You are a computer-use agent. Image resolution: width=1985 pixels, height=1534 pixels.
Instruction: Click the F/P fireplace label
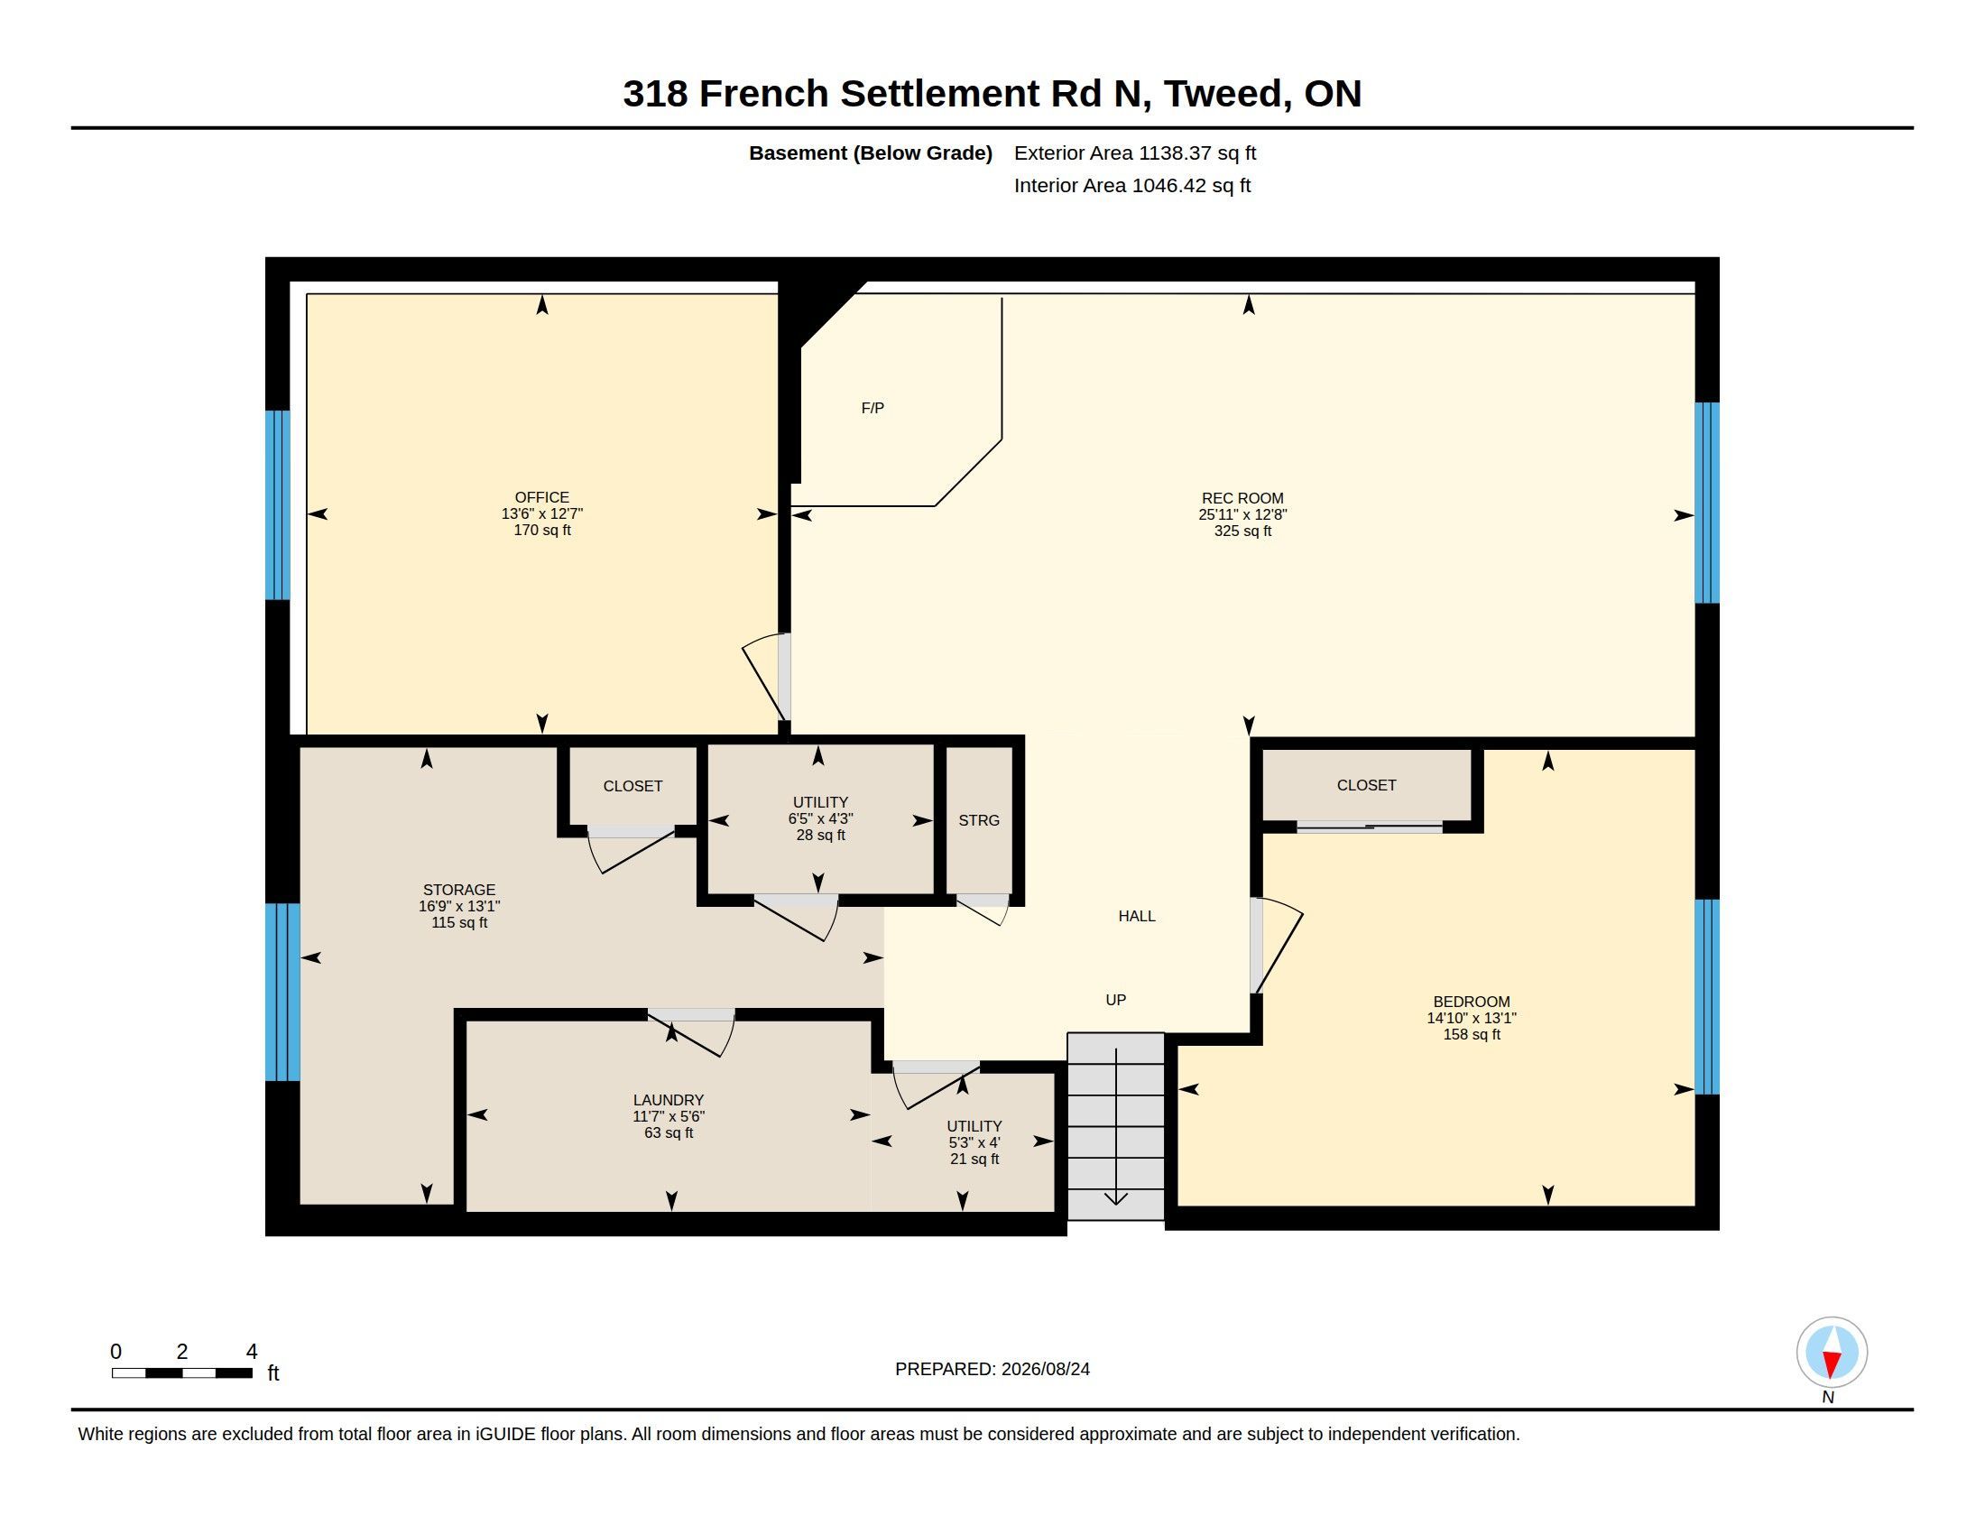[x=872, y=409]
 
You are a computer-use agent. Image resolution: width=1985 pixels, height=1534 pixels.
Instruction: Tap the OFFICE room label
[x=541, y=497]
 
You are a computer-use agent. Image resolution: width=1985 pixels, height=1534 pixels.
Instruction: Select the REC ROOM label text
[x=1242, y=498]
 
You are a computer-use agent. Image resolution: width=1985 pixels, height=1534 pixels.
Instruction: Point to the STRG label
[x=979, y=820]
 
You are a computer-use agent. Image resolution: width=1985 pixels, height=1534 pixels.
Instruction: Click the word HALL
[x=1137, y=916]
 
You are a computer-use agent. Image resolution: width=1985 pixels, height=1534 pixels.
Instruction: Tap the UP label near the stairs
[x=1116, y=1000]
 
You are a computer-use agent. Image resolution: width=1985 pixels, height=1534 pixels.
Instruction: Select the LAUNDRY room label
[x=669, y=1100]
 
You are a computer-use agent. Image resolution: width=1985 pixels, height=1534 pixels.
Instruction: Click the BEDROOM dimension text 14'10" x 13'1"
[x=1472, y=1018]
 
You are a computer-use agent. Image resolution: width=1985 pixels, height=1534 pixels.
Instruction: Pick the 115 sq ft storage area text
[x=459, y=922]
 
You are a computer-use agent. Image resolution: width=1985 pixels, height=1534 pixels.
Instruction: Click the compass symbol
[x=1832, y=1353]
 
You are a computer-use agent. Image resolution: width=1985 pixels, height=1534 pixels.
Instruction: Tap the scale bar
[x=181, y=1373]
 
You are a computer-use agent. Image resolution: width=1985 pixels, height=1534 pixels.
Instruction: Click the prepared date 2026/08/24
[x=1045, y=1369]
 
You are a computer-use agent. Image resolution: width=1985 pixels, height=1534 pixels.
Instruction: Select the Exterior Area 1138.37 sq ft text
[x=1135, y=152]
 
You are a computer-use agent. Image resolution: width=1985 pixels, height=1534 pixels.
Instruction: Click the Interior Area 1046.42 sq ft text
[x=1132, y=185]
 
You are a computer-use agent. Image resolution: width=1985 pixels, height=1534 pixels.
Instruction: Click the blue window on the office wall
[x=277, y=505]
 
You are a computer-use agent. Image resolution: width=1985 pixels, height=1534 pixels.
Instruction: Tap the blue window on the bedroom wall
[x=1707, y=997]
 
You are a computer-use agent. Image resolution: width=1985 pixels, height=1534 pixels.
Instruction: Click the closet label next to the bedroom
[x=1366, y=785]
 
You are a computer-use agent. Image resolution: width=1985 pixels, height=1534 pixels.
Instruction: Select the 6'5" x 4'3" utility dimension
[x=821, y=818]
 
